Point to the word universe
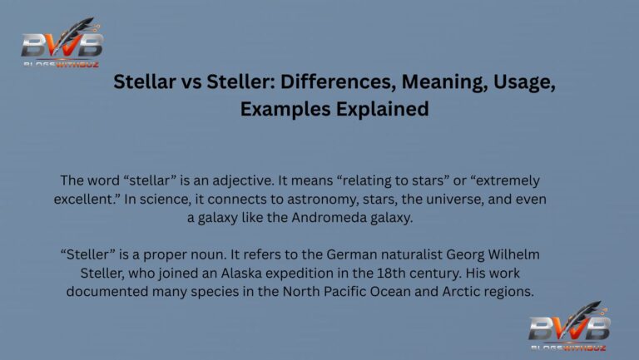[x=454, y=200]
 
